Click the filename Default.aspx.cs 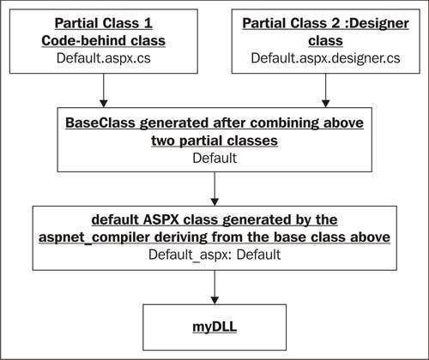104,58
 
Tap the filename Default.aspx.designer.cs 325,58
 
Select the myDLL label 214,327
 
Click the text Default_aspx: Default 214,255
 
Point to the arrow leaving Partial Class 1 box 104,91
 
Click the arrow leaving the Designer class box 326,91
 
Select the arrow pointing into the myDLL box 214,287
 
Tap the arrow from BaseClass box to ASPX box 214,189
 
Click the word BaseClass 100,123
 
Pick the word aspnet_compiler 94,237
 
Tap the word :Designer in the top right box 377,23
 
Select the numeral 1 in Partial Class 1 148,23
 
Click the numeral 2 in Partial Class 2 335,23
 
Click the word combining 285,123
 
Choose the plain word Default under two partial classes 214,158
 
